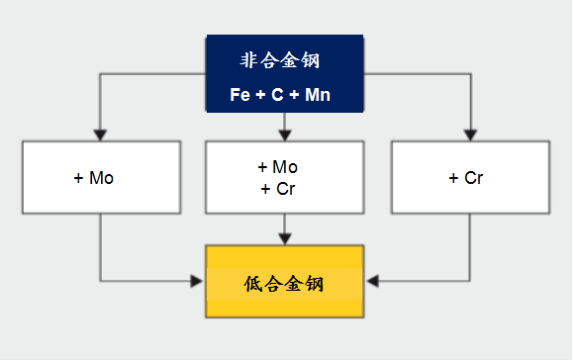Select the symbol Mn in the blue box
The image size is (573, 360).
point(318,95)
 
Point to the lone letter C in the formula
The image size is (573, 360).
point(278,95)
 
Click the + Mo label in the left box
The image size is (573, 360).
point(94,178)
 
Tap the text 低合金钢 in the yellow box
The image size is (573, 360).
point(285,284)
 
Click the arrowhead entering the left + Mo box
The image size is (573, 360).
point(100,135)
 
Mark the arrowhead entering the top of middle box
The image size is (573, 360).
point(285,135)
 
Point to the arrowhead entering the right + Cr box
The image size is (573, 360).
point(471,135)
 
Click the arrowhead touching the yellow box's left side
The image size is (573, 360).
point(198,281)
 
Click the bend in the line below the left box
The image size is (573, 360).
point(100,281)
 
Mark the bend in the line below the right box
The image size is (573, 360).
point(471,281)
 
